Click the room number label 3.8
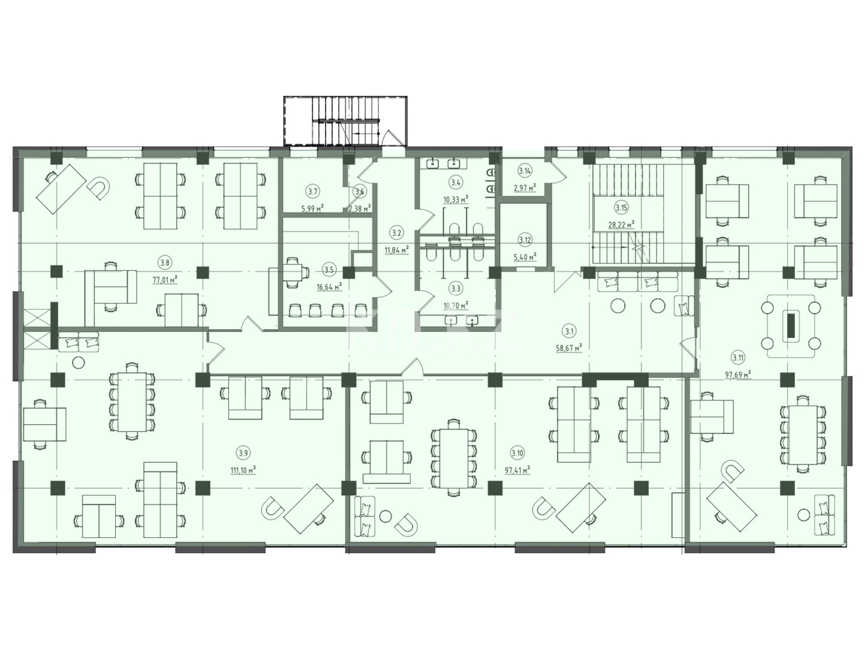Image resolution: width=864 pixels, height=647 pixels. pyautogui.click(x=164, y=261)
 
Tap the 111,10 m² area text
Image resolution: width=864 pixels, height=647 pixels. pyautogui.click(x=243, y=470)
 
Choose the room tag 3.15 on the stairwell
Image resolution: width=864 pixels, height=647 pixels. pyautogui.click(x=621, y=208)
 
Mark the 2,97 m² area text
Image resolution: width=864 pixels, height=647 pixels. pyautogui.click(x=525, y=188)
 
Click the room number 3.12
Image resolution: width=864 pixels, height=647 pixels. pyautogui.click(x=525, y=240)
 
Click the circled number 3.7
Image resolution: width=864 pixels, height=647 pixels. pyautogui.click(x=312, y=192)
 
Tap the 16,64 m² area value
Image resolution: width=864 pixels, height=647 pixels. pyautogui.click(x=329, y=286)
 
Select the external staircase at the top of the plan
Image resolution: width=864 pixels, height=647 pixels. pyautogui.click(x=345, y=120)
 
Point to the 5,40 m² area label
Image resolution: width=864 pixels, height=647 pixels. pyautogui.click(x=525, y=256)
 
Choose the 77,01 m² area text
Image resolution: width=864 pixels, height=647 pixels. pyautogui.click(x=164, y=279)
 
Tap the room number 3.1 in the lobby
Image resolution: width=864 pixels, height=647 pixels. pyautogui.click(x=569, y=330)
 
